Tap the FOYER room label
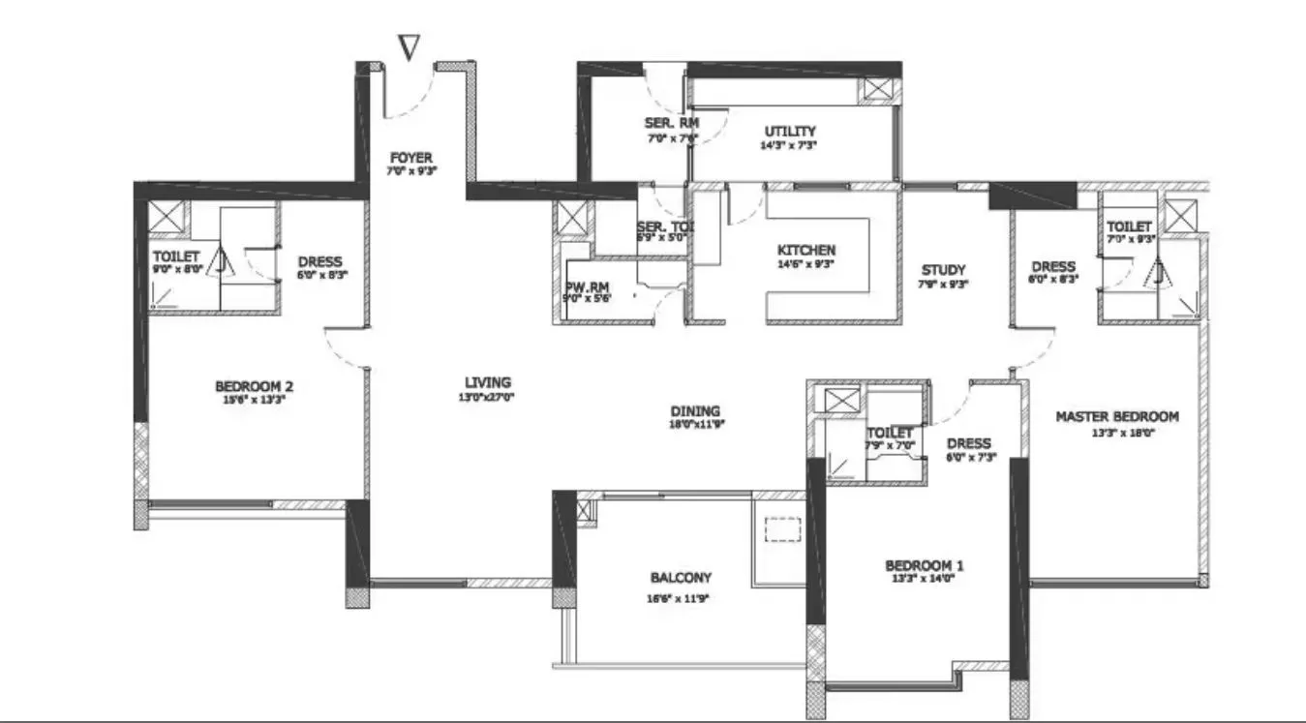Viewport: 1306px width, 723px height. tap(411, 158)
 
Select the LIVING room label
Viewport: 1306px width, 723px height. tap(486, 382)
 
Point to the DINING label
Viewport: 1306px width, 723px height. tap(696, 410)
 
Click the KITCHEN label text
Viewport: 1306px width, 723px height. tap(806, 250)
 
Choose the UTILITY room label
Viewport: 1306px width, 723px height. tap(790, 132)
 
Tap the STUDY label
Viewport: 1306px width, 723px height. tap(943, 270)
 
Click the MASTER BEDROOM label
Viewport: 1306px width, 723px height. tap(1116, 417)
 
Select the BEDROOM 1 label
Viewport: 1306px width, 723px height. tap(925, 566)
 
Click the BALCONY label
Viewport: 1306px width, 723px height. tap(681, 578)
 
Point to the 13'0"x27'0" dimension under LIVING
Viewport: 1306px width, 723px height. tap(486, 398)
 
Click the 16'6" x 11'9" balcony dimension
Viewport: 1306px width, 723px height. tap(681, 597)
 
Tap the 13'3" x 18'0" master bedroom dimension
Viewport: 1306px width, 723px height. tap(1116, 433)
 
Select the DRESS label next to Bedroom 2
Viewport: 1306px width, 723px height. tap(319, 261)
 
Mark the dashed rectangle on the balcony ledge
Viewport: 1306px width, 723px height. tap(783, 529)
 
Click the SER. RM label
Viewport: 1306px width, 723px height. tap(671, 123)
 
